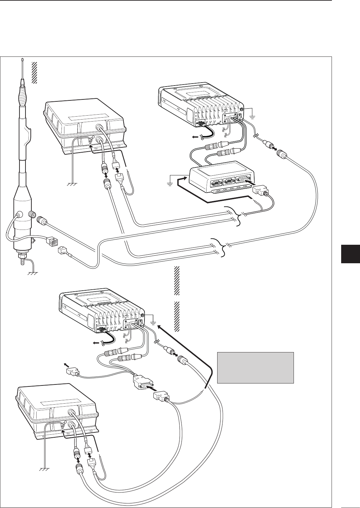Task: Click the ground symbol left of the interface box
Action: tap(171, 183)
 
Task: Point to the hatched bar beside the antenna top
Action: tap(34, 72)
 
